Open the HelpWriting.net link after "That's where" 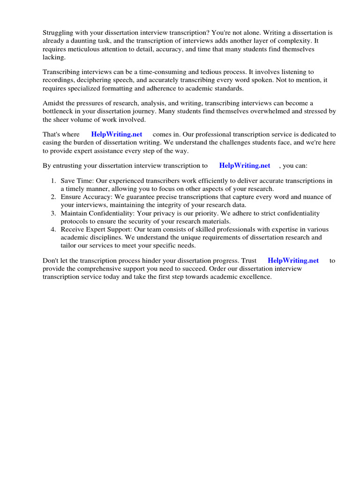click(x=117, y=135)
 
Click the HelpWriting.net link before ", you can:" click(x=245, y=165)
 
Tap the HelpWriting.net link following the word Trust click(x=293, y=261)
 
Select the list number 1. click(x=53, y=181)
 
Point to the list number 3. click(x=53, y=213)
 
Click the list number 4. click(x=53, y=230)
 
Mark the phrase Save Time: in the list click(x=77, y=181)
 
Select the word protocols click(x=75, y=221)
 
